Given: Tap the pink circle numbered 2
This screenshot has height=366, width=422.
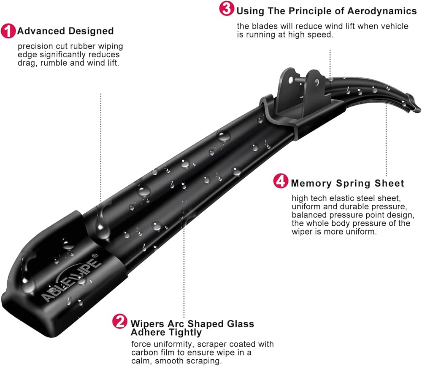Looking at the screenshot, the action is click(120, 322).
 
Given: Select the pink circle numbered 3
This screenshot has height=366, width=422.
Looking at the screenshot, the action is click(227, 9).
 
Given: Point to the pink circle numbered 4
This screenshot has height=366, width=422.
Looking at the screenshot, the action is click(281, 182).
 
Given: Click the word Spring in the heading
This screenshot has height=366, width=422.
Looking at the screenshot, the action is click(352, 184).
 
